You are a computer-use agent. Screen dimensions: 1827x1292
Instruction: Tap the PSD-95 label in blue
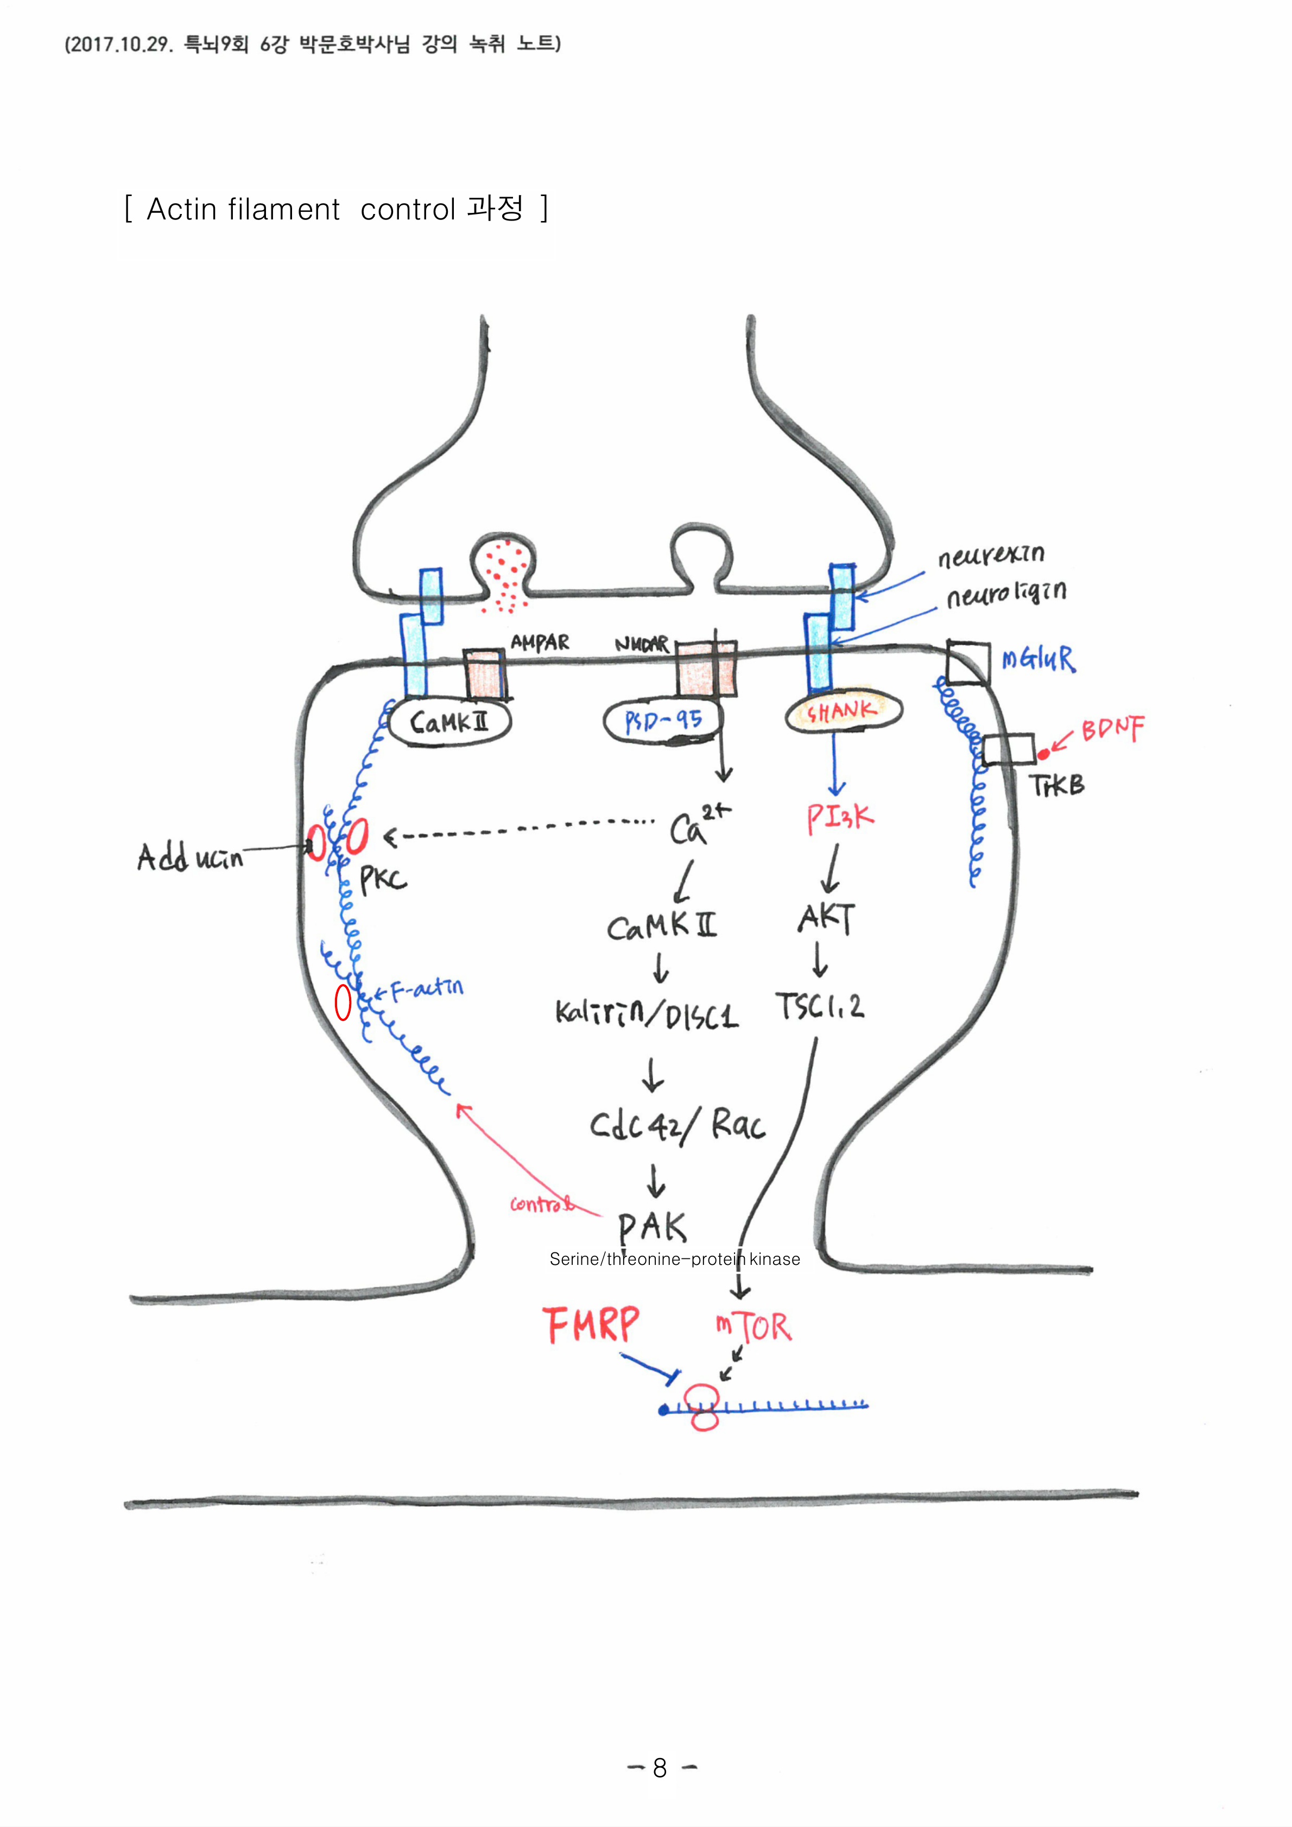coord(663,721)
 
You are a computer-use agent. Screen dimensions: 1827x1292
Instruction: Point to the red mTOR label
coord(753,1326)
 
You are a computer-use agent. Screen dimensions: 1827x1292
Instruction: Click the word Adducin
coord(189,858)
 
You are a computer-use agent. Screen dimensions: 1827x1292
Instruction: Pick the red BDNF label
coord(1112,729)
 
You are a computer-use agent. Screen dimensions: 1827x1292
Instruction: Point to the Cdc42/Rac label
coord(677,1124)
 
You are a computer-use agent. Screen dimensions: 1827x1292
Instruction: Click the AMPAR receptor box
coord(484,673)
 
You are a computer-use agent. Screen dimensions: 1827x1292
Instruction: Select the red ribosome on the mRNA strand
coord(704,1407)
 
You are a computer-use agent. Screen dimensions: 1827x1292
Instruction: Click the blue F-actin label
coord(427,989)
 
